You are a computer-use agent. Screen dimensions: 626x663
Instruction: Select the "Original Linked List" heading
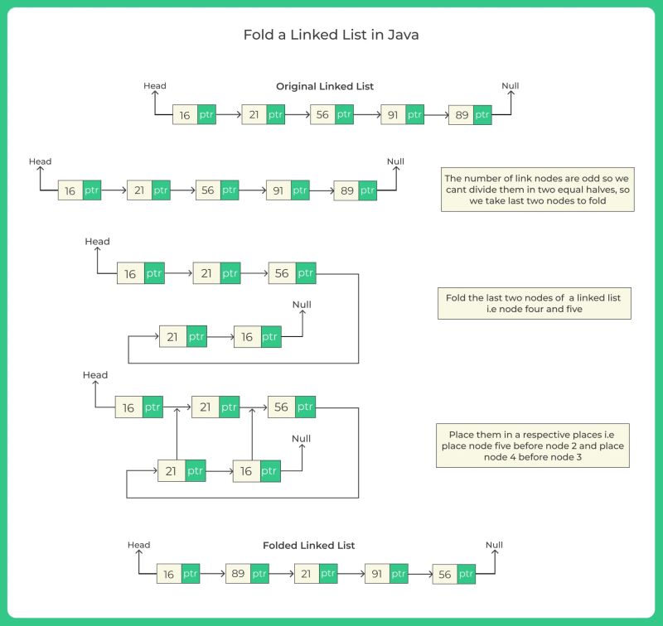325,86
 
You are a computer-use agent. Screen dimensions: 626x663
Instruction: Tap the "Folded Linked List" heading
308,546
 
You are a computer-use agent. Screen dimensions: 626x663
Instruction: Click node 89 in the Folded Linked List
237,574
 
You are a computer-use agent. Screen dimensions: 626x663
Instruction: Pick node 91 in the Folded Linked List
375,574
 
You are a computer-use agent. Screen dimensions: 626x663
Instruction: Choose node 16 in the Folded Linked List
168,574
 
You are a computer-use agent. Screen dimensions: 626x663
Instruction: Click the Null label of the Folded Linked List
494,545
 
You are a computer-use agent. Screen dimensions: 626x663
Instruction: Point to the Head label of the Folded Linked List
138,545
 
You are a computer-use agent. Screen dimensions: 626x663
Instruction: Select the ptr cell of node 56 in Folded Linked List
467,574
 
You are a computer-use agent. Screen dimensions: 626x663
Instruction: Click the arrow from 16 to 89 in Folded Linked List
213,574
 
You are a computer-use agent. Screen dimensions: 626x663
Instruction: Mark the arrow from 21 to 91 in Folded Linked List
351,574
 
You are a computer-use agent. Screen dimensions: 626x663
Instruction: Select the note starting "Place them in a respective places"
536,445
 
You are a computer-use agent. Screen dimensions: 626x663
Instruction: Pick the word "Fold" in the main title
255,36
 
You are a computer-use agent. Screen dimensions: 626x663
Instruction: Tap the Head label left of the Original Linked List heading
155,86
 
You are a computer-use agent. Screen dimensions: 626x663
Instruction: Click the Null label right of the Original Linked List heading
511,86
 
